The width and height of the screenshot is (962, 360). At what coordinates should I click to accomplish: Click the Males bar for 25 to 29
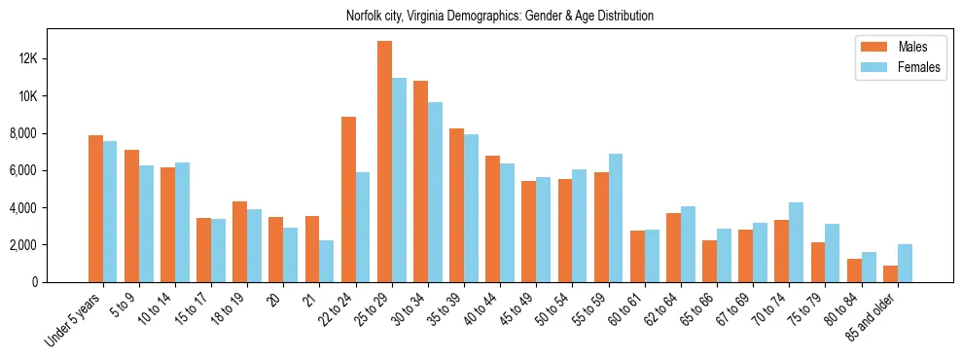tap(385, 162)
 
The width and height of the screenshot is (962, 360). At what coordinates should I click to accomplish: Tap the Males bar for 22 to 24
tap(348, 199)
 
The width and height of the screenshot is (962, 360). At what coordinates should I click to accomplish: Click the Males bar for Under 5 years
tap(95, 208)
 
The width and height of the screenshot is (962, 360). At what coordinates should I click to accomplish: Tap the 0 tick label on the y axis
tap(60, 282)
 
